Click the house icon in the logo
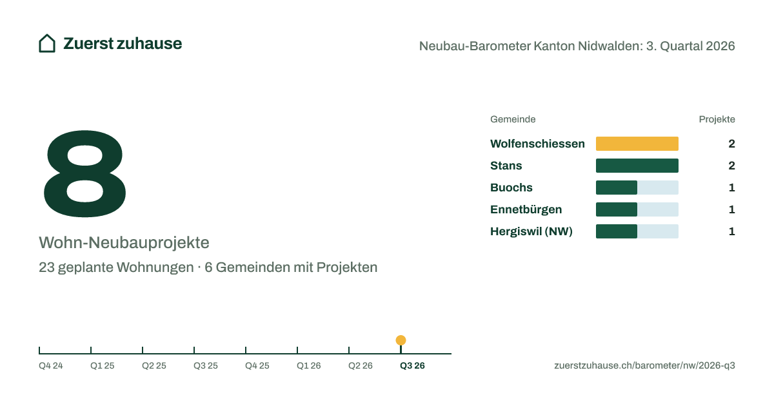tap(47, 44)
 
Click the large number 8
tap(84, 173)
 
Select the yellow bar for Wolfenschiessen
tap(637, 144)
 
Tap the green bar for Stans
tap(637, 166)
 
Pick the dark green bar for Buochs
tap(617, 188)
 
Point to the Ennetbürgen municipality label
tap(526, 209)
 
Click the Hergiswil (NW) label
tap(531, 231)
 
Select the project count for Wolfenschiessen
tap(731, 144)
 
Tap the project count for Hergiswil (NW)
tap(732, 231)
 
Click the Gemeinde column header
tap(513, 119)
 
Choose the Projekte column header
tap(717, 119)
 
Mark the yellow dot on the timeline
tap(401, 340)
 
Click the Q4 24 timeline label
tap(51, 365)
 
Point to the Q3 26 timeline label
tap(412, 365)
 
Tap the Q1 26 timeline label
tap(308, 365)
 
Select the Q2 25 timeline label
tap(154, 365)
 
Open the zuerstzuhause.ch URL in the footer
tap(645, 365)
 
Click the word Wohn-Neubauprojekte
tap(124, 243)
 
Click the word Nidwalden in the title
tap(611, 46)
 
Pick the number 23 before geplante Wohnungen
tap(46, 267)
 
